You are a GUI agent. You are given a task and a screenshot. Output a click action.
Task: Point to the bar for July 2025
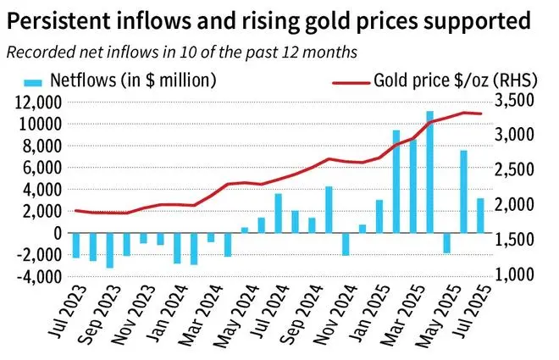pos(480,215)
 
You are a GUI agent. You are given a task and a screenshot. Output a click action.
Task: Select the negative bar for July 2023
pos(76,245)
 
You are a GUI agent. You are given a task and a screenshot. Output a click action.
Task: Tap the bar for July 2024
pos(278,213)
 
